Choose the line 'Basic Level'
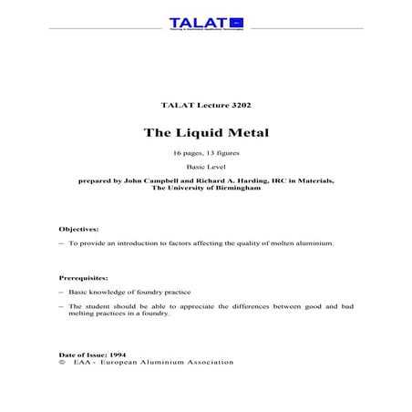[x=205, y=168]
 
